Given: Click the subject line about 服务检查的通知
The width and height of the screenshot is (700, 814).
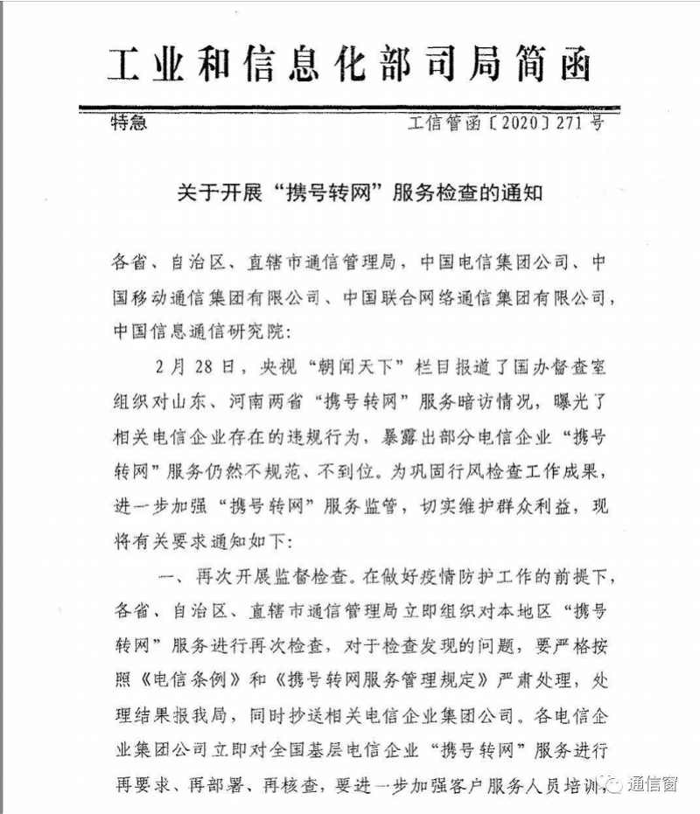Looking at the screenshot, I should [x=350, y=192].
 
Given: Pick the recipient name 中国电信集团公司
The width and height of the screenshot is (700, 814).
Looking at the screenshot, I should [x=493, y=261].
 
